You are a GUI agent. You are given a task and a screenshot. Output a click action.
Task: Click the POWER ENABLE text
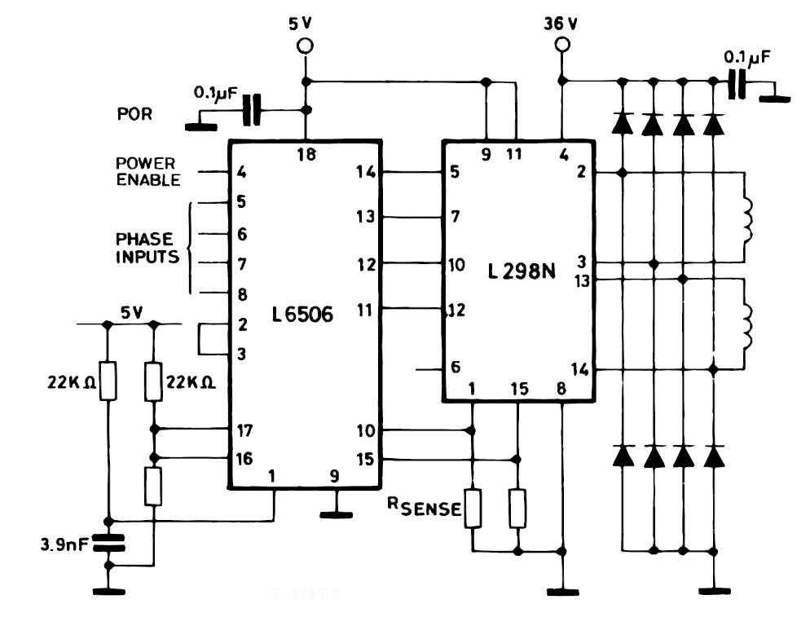[x=147, y=173]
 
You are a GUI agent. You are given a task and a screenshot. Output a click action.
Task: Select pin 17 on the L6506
[x=243, y=430]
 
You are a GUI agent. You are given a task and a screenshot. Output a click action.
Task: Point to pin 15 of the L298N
[x=518, y=387]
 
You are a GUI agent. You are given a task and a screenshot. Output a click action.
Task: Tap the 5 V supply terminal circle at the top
[x=306, y=46]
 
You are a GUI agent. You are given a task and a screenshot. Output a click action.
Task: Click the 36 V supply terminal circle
[x=560, y=46]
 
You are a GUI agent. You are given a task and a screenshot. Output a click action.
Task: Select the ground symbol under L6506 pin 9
[x=332, y=513]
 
